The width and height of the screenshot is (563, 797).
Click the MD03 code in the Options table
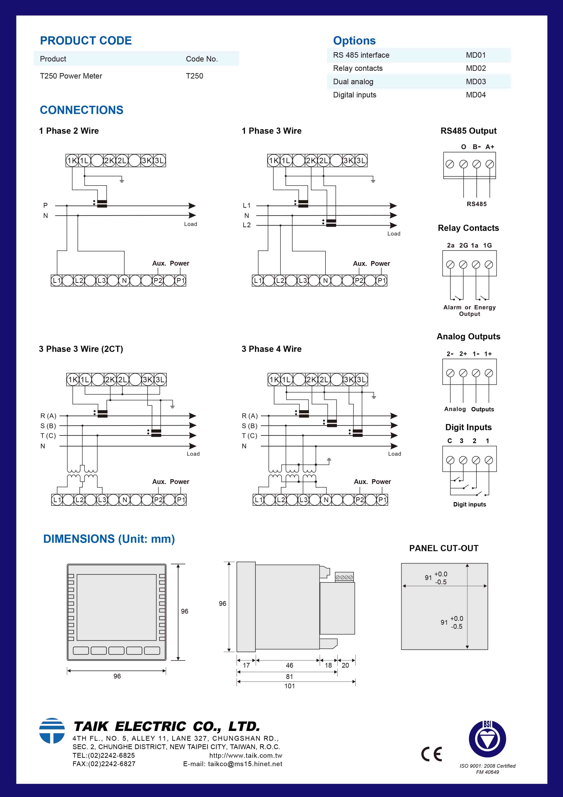pos(476,81)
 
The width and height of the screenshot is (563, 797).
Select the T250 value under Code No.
pos(194,76)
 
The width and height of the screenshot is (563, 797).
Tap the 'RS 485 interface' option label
pos(361,55)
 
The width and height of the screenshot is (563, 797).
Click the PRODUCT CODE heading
pos(86,41)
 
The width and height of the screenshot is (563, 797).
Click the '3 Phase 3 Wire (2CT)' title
pos(81,349)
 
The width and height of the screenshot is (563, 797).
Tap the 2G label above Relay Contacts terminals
pos(463,245)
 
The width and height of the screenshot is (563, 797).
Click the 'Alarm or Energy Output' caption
pos(469,310)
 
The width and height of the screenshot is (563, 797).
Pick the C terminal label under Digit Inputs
pos(449,441)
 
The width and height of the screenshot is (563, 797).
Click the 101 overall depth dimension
pos(289,686)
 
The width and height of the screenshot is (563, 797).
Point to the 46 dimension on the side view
pos(289,665)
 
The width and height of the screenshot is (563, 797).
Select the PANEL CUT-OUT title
pos(444,548)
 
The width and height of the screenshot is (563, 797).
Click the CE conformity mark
pos(431,754)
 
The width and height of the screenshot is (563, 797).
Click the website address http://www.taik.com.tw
pos(246,755)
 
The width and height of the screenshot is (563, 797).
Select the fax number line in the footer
pos(104,764)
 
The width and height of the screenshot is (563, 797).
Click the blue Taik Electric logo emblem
pos(52,730)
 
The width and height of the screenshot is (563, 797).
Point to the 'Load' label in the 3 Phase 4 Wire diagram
pos(394,454)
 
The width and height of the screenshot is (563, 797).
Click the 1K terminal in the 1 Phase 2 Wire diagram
pos(72,160)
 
